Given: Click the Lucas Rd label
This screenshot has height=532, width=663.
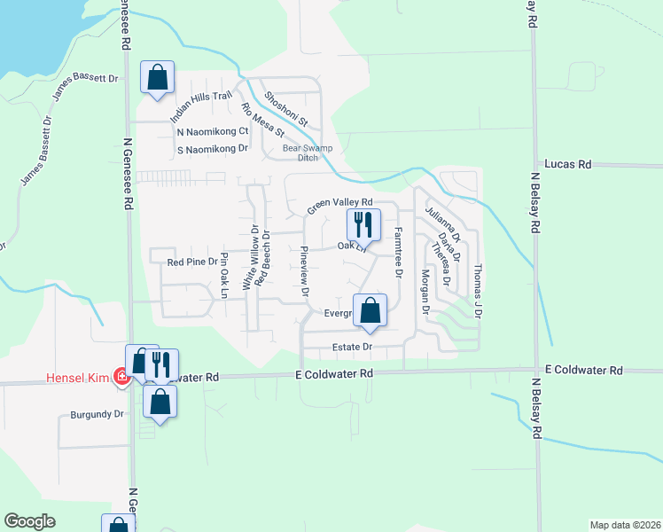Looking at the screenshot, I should pyautogui.click(x=567, y=164).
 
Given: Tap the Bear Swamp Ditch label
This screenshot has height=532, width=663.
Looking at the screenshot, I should pyautogui.click(x=300, y=153).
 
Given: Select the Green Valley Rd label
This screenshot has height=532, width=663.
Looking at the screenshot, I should pyautogui.click(x=339, y=205).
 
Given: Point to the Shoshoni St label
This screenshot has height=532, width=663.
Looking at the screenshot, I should pyautogui.click(x=285, y=108).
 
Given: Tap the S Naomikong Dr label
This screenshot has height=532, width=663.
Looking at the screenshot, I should pyautogui.click(x=212, y=148).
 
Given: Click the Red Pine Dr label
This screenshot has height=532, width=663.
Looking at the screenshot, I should pyautogui.click(x=192, y=262).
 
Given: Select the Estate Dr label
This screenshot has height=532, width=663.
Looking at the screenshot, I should pyautogui.click(x=352, y=347).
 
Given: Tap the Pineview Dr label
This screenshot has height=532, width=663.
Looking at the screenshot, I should pyautogui.click(x=305, y=270).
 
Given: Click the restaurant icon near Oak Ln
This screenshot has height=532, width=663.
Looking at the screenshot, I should pyautogui.click(x=363, y=223).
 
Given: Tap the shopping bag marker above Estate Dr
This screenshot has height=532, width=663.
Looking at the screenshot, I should pyautogui.click(x=370, y=310).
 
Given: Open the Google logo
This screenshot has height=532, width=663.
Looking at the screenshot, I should pyautogui.click(x=30, y=521).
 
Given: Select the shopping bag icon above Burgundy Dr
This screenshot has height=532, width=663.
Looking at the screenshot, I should pyautogui.click(x=160, y=401).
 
